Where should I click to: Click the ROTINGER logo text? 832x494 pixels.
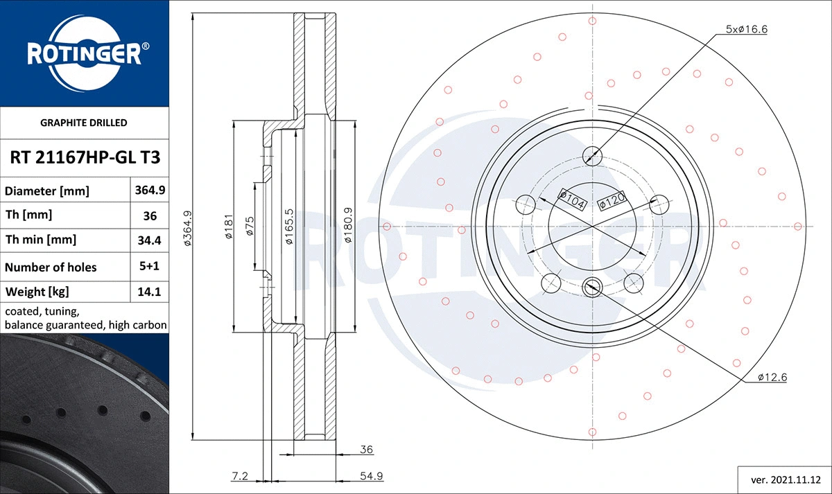[84, 54]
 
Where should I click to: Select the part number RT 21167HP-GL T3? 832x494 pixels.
[85, 157]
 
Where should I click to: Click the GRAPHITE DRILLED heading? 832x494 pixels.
[85, 123]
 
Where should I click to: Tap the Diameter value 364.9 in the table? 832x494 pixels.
[150, 190]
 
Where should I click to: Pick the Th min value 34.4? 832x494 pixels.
[150, 240]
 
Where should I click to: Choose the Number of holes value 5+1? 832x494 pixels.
[150, 267]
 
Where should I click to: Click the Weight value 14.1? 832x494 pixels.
[150, 292]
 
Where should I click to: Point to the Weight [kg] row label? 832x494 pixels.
[37, 292]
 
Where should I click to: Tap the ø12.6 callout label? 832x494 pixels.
[772, 378]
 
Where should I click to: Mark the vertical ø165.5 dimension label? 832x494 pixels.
[289, 227]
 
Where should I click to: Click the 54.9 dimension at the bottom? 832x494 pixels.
[372, 476]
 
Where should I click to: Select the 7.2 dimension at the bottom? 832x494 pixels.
[240, 476]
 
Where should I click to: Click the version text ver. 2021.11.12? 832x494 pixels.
[785, 479]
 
